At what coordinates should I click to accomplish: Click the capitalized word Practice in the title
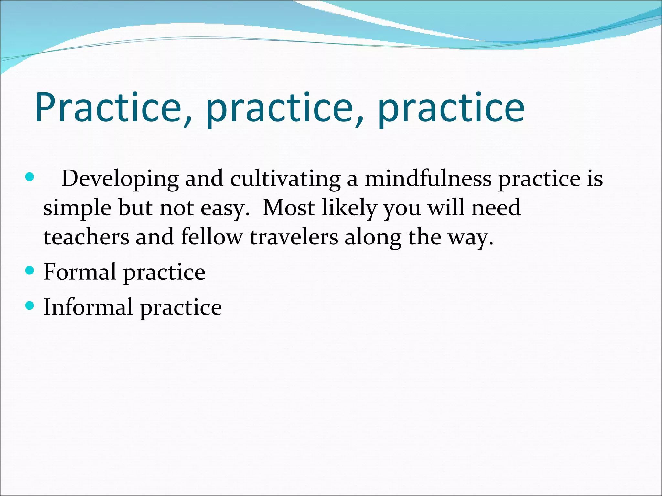pos(109,108)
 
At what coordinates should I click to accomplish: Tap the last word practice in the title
pos(451,108)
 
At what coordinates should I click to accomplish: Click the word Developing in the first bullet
pos(120,179)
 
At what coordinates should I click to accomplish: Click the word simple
pos(77,208)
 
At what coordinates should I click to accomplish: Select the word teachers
pos(86,237)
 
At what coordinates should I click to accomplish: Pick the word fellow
pos(211,237)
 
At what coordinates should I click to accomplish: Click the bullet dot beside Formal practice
pos(29,270)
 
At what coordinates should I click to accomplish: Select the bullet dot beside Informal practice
pos(29,305)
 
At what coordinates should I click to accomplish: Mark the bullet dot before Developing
pos(29,177)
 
